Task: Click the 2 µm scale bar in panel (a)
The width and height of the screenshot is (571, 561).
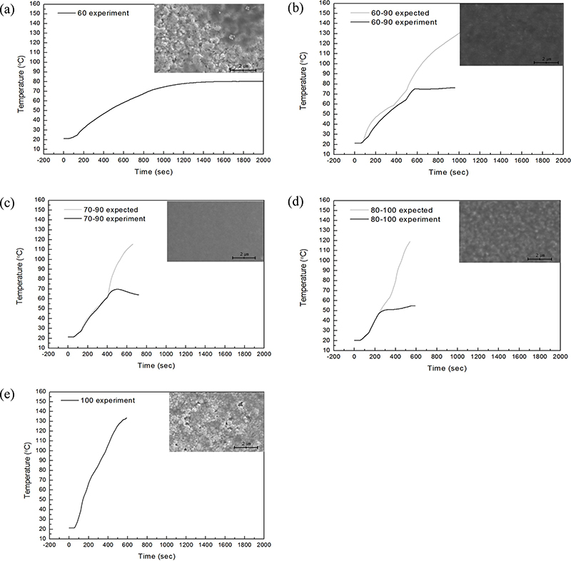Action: coord(243,69)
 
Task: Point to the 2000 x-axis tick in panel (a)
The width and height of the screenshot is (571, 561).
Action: coord(263,161)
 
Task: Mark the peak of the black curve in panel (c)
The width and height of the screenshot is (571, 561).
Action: coord(116,289)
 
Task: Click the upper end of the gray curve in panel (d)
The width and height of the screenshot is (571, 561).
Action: coord(410,241)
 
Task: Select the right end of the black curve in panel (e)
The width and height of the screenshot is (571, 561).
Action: coord(126,418)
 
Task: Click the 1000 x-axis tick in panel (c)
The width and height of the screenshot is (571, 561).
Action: coord(166,355)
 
